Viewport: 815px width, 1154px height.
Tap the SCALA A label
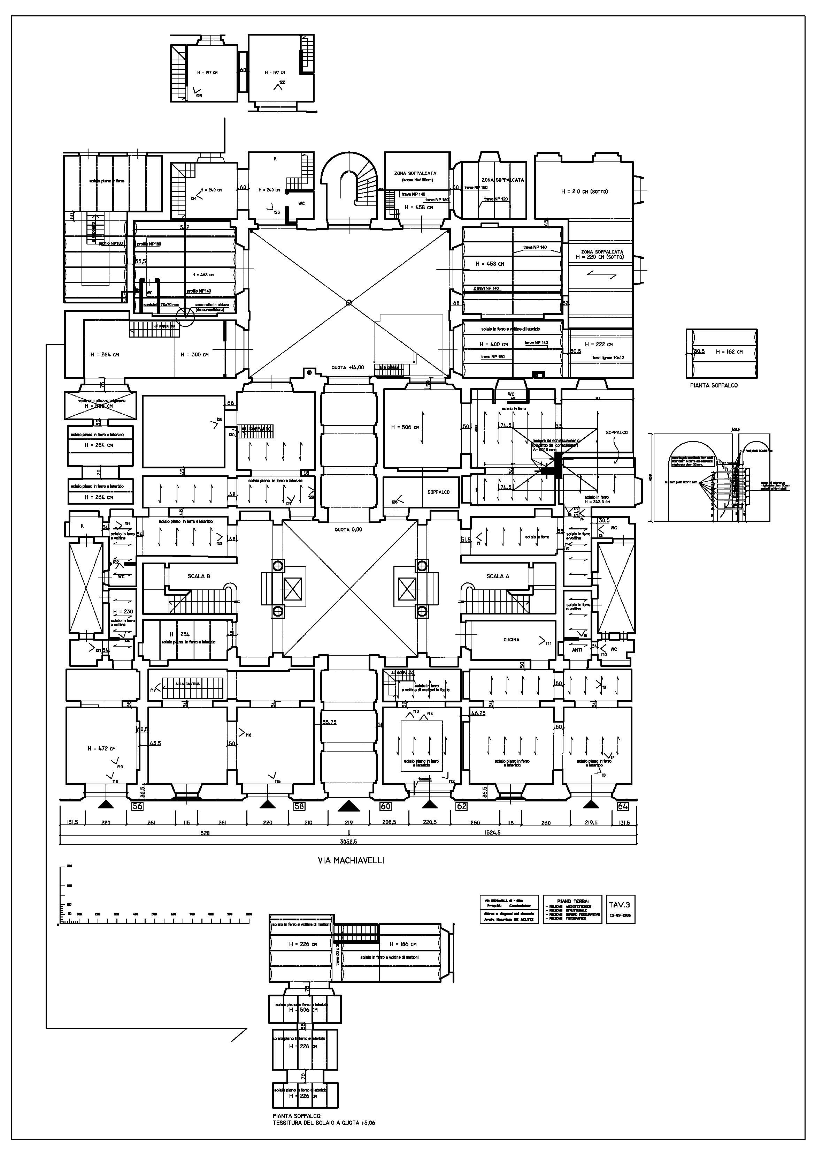pos(497,576)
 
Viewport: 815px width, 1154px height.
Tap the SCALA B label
pos(199,576)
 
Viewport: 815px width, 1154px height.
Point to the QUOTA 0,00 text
pos(348,530)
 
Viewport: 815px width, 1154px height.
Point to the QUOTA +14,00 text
pos(347,368)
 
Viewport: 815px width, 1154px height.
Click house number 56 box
pos(137,806)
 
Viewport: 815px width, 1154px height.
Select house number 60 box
pos(385,806)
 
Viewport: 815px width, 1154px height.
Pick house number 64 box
pos(623,806)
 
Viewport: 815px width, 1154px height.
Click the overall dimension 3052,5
pos(348,841)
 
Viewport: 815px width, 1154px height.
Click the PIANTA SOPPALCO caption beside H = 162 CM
pos(714,385)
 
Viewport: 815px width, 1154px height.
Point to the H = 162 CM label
pos(729,352)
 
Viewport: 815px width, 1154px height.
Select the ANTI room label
pos(577,650)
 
